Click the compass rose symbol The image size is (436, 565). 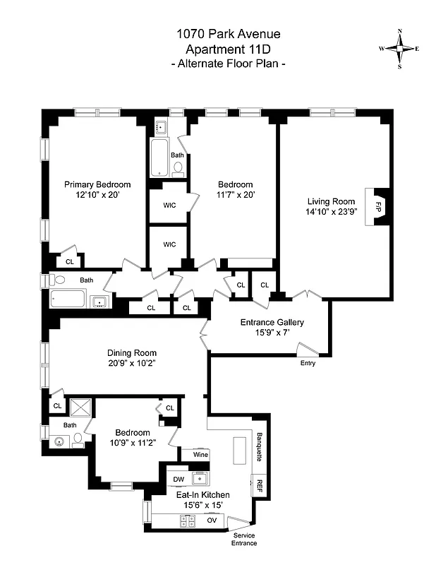coord(399,49)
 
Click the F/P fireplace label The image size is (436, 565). coord(378,207)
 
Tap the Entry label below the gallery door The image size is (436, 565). coord(308,364)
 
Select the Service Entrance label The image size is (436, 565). coord(245,539)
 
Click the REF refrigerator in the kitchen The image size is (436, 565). coord(259,486)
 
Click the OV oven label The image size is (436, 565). coord(212,521)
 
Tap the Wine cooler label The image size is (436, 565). coord(200,456)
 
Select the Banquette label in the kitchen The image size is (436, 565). coord(259,446)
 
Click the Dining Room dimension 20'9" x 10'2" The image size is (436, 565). coord(132,364)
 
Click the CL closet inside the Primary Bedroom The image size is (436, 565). coord(69,261)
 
